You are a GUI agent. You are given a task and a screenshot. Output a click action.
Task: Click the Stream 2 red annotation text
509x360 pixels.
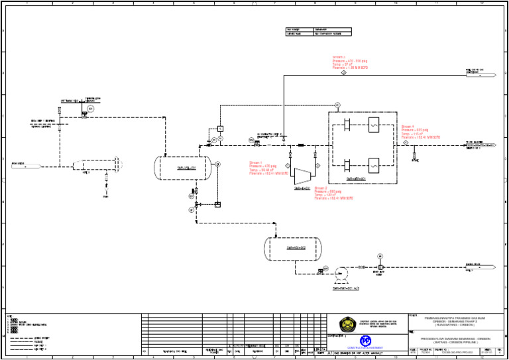[x=334, y=193]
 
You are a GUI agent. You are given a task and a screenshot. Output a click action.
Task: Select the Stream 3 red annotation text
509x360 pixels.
[x=350, y=62]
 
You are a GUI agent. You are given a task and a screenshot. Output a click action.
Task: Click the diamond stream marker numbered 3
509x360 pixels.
[x=343, y=73]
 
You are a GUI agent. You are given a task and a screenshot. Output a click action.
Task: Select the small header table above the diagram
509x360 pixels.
[x=318, y=32]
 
